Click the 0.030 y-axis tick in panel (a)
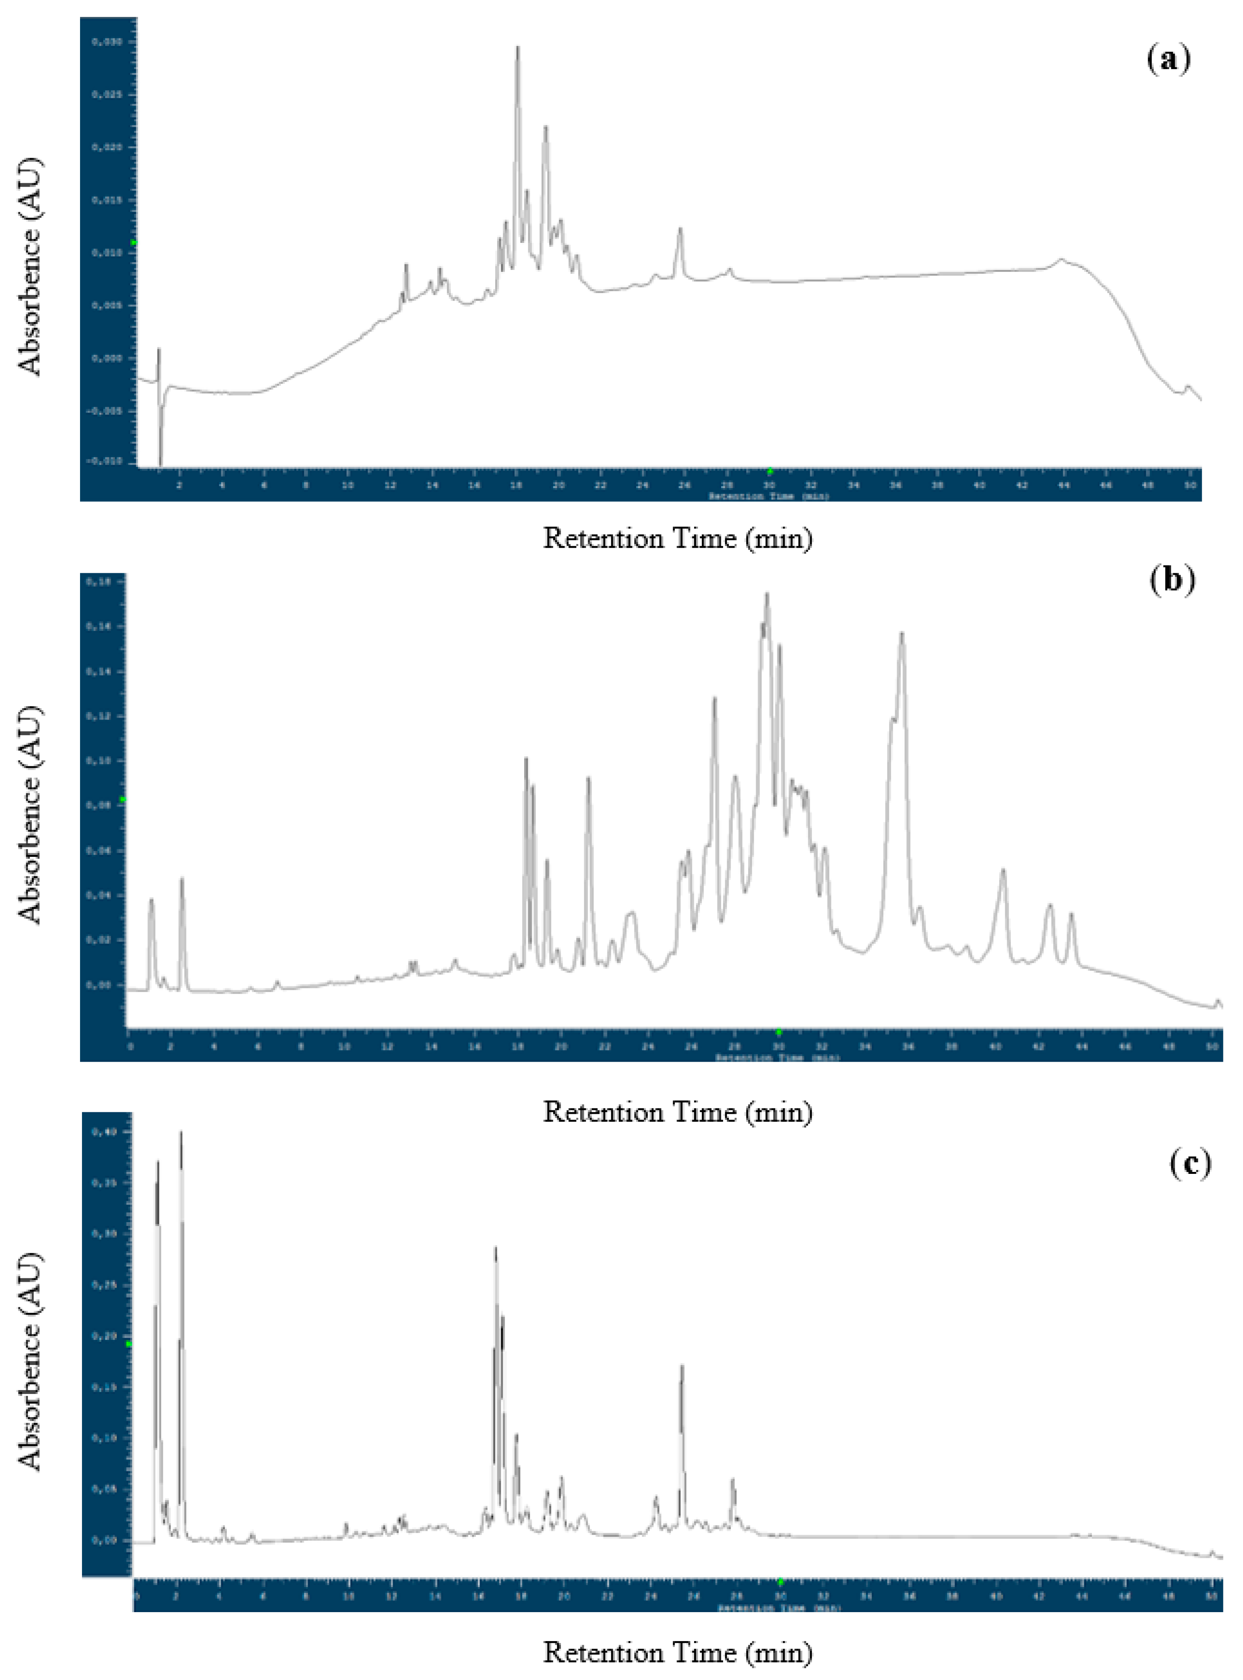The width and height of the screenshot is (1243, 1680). point(107,42)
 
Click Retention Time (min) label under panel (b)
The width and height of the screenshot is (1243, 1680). point(677,1112)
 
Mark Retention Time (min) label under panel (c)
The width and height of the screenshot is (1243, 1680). point(677,1652)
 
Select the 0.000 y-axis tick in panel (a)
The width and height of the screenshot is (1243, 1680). point(107,358)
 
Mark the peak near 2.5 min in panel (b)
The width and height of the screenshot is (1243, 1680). point(181,879)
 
